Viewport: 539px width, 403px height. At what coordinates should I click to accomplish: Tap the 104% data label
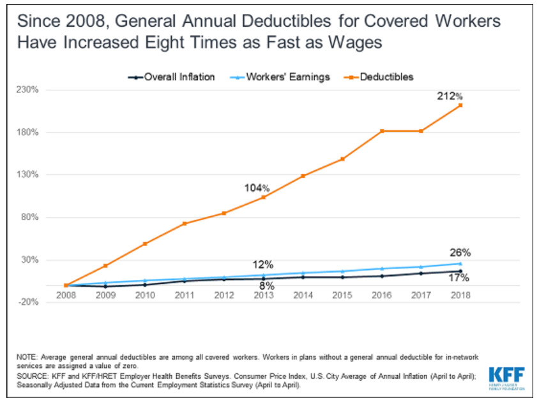[x=257, y=188]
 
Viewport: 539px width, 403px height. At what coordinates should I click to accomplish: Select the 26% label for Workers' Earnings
[x=460, y=252]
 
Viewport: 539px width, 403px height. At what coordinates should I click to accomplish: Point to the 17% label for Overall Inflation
[x=459, y=277]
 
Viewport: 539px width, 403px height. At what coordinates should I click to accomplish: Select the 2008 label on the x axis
[x=66, y=295]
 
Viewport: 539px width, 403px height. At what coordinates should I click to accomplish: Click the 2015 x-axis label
[x=342, y=295]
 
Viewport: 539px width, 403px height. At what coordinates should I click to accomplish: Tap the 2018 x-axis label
[x=460, y=295]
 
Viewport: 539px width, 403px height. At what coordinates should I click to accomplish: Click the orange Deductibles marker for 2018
[x=460, y=105]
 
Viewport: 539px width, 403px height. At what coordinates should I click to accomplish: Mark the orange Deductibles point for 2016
[x=382, y=131]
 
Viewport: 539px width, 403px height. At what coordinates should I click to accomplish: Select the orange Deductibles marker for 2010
[x=145, y=244]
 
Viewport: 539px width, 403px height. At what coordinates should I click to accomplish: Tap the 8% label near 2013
[x=267, y=286]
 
